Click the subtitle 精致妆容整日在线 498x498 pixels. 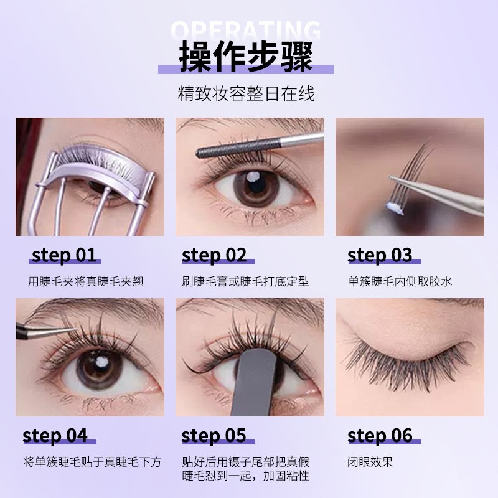tap(247, 94)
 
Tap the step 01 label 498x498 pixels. tap(64, 255)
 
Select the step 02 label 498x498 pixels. tap(214, 255)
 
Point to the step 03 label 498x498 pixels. tap(380, 255)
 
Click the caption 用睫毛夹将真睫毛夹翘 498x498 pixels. tap(86, 281)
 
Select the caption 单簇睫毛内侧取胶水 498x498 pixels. tap(400, 281)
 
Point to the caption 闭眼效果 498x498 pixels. tap(371, 462)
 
